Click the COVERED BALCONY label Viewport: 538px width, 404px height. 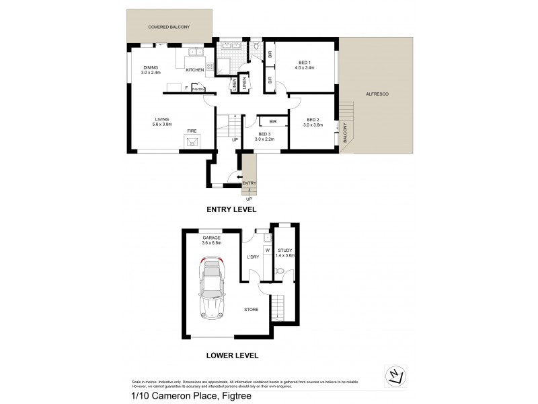169,27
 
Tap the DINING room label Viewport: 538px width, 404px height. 150,70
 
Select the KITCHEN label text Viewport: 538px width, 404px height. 195,70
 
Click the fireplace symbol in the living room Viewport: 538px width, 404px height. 192,141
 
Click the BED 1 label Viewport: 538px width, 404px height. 305,65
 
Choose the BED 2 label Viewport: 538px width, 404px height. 313,123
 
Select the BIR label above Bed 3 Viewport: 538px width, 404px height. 273,121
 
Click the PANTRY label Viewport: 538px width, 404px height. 198,88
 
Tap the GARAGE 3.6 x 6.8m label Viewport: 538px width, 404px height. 213,241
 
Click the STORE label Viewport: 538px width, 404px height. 251,309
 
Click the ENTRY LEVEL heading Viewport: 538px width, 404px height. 231,210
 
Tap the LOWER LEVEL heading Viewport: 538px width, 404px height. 231,355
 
